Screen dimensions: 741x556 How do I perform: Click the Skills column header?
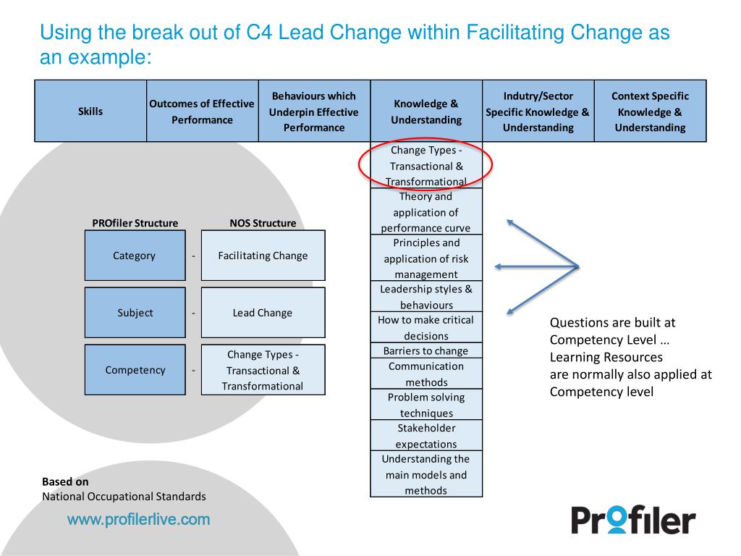pos(90,111)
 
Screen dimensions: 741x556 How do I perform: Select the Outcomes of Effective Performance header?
pos(202,111)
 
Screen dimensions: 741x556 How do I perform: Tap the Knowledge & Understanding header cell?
pos(425,111)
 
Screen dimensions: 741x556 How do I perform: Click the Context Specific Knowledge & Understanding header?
pos(650,111)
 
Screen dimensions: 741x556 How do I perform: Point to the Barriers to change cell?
pos(425,351)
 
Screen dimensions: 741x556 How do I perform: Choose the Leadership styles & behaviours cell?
pos(425,297)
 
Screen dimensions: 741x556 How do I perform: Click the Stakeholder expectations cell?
pos(425,436)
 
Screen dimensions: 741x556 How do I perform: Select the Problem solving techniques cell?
pos(425,405)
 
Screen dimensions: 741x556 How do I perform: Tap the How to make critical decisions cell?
pos(425,327)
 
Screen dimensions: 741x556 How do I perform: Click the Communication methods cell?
pos(425,374)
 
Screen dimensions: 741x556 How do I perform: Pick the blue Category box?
pos(135,256)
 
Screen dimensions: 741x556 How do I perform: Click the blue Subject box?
pos(135,313)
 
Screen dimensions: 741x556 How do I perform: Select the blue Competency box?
pos(135,370)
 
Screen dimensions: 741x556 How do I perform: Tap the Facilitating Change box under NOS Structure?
pos(263,256)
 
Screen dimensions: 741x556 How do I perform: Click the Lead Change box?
pos(263,313)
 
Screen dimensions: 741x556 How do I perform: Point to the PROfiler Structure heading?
pos(135,223)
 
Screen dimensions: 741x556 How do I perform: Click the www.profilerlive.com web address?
pos(139,519)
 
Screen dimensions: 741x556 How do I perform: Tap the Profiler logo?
pos(633,519)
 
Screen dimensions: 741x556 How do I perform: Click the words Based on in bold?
pos(65,481)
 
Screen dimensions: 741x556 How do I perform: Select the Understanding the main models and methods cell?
pos(425,475)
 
